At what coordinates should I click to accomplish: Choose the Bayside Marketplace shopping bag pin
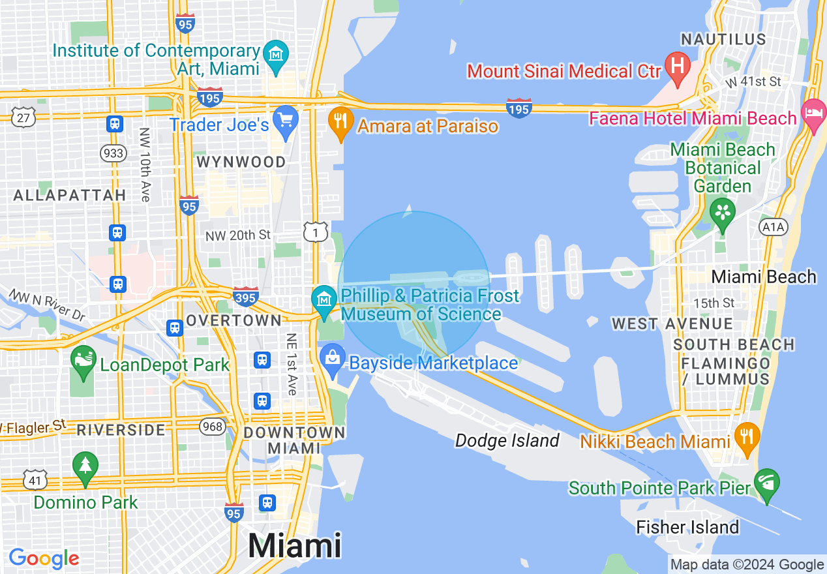click(333, 359)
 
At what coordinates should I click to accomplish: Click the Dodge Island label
click(507, 441)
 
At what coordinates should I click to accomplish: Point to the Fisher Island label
click(687, 527)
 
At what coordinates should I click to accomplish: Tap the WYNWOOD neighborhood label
click(241, 162)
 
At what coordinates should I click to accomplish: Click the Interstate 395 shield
click(246, 295)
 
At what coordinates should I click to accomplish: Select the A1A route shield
click(774, 226)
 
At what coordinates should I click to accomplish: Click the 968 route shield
click(213, 427)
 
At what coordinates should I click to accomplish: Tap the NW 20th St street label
click(238, 235)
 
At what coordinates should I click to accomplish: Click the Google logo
click(44, 558)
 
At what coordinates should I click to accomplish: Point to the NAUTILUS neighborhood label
click(723, 39)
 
